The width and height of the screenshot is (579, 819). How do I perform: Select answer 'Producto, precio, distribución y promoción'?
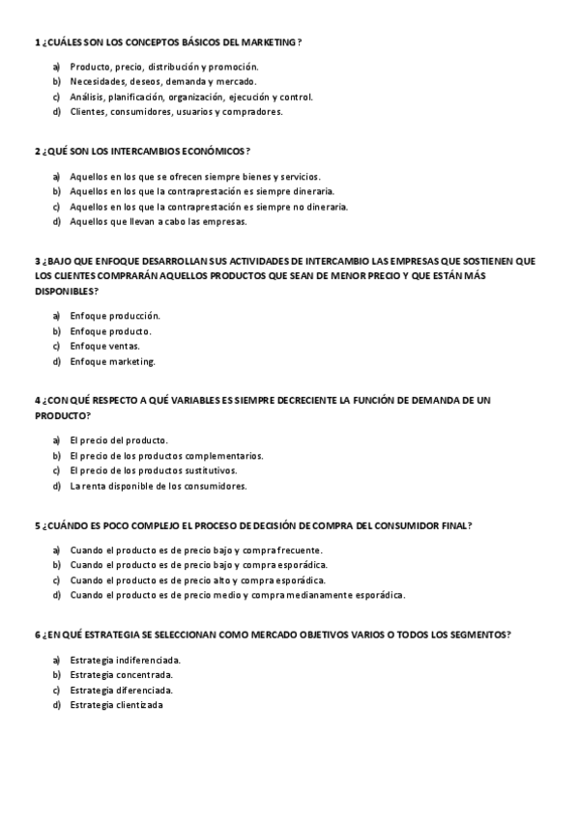[163, 67]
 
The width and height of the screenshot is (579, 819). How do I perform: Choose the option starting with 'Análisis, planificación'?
[191, 97]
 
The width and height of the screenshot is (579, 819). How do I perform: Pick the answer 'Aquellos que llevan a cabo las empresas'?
[158, 221]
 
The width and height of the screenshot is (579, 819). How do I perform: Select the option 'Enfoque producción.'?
[115, 316]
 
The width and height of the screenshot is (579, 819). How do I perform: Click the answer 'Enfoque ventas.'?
[104, 346]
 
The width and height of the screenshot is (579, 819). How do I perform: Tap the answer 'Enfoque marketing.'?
[112, 361]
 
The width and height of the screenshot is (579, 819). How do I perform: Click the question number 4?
[37, 400]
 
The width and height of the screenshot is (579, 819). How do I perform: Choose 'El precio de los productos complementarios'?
[165, 455]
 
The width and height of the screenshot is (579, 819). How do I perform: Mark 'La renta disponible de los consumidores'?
[158, 486]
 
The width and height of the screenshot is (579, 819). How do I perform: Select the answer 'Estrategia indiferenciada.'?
[126, 660]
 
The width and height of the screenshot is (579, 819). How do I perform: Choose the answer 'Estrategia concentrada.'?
[122, 675]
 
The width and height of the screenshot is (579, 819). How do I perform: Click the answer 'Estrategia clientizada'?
[116, 705]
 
